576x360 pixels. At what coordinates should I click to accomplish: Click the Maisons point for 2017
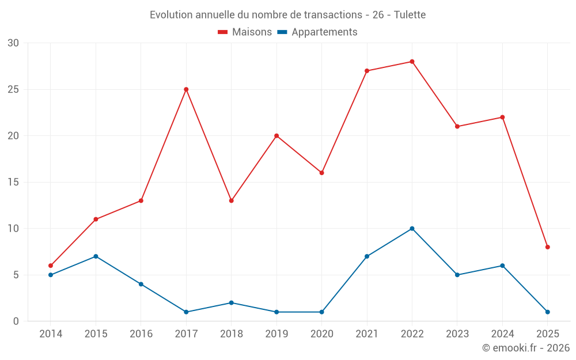click(x=186, y=89)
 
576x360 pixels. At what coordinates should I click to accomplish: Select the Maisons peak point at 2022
click(x=412, y=62)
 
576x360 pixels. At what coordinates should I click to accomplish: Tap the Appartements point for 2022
click(x=412, y=229)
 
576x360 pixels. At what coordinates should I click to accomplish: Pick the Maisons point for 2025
click(x=548, y=247)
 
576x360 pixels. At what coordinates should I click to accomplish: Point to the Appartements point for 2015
click(x=96, y=256)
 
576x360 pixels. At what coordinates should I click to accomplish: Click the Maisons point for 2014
click(x=51, y=266)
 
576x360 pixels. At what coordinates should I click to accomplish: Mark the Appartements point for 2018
click(x=231, y=302)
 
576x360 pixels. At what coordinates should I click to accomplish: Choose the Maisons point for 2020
click(x=321, y=173)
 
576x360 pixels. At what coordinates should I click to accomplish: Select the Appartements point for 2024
click(x=502, y=266)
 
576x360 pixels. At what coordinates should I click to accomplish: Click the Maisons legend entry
click(x=245, y=32)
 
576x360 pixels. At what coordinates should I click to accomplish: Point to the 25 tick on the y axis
click(x=13, y=89)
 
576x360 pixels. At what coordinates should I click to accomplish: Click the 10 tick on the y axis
click(x=13, y=229)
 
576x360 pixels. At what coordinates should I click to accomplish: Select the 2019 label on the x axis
click(x=276, y=334)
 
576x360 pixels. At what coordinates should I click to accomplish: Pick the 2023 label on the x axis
click(x=457, y=334)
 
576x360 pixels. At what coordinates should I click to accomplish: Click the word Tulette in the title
click(x=410, y=15)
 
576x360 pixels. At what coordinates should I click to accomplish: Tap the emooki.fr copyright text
click(x=526, y=348)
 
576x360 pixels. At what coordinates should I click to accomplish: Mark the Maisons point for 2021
click(x=367, y=71)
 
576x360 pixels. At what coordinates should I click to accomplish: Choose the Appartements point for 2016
click(x=141, y=284)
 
